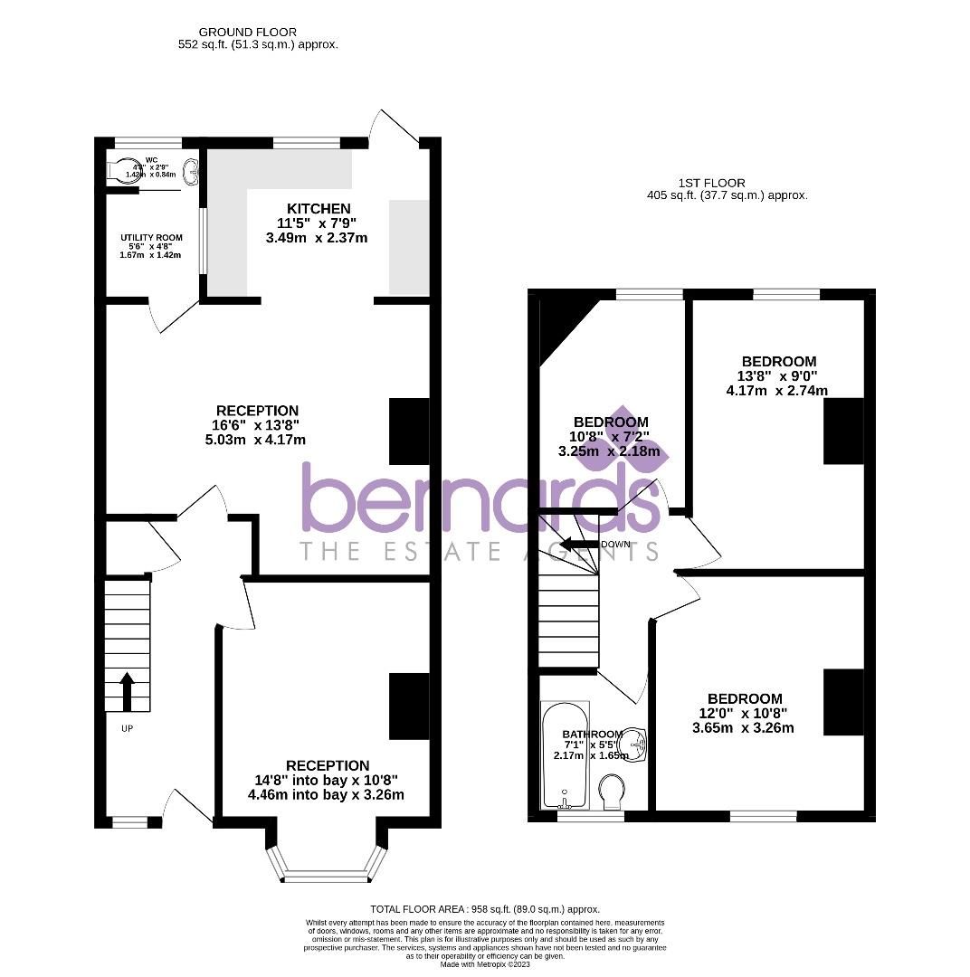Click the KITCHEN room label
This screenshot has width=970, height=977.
[319, 209]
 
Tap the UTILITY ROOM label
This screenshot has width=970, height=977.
[151, 238]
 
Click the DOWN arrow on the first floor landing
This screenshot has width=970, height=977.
[575, 545]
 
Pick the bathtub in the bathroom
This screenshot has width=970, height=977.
[565, 755]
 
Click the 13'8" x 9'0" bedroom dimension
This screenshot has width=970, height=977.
[776, 376]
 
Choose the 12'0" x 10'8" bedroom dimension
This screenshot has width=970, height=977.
[744, 714]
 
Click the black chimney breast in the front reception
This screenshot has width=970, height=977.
[409, 706]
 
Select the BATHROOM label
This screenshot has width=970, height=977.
[593, 734]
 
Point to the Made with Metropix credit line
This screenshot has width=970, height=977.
[485, 964]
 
